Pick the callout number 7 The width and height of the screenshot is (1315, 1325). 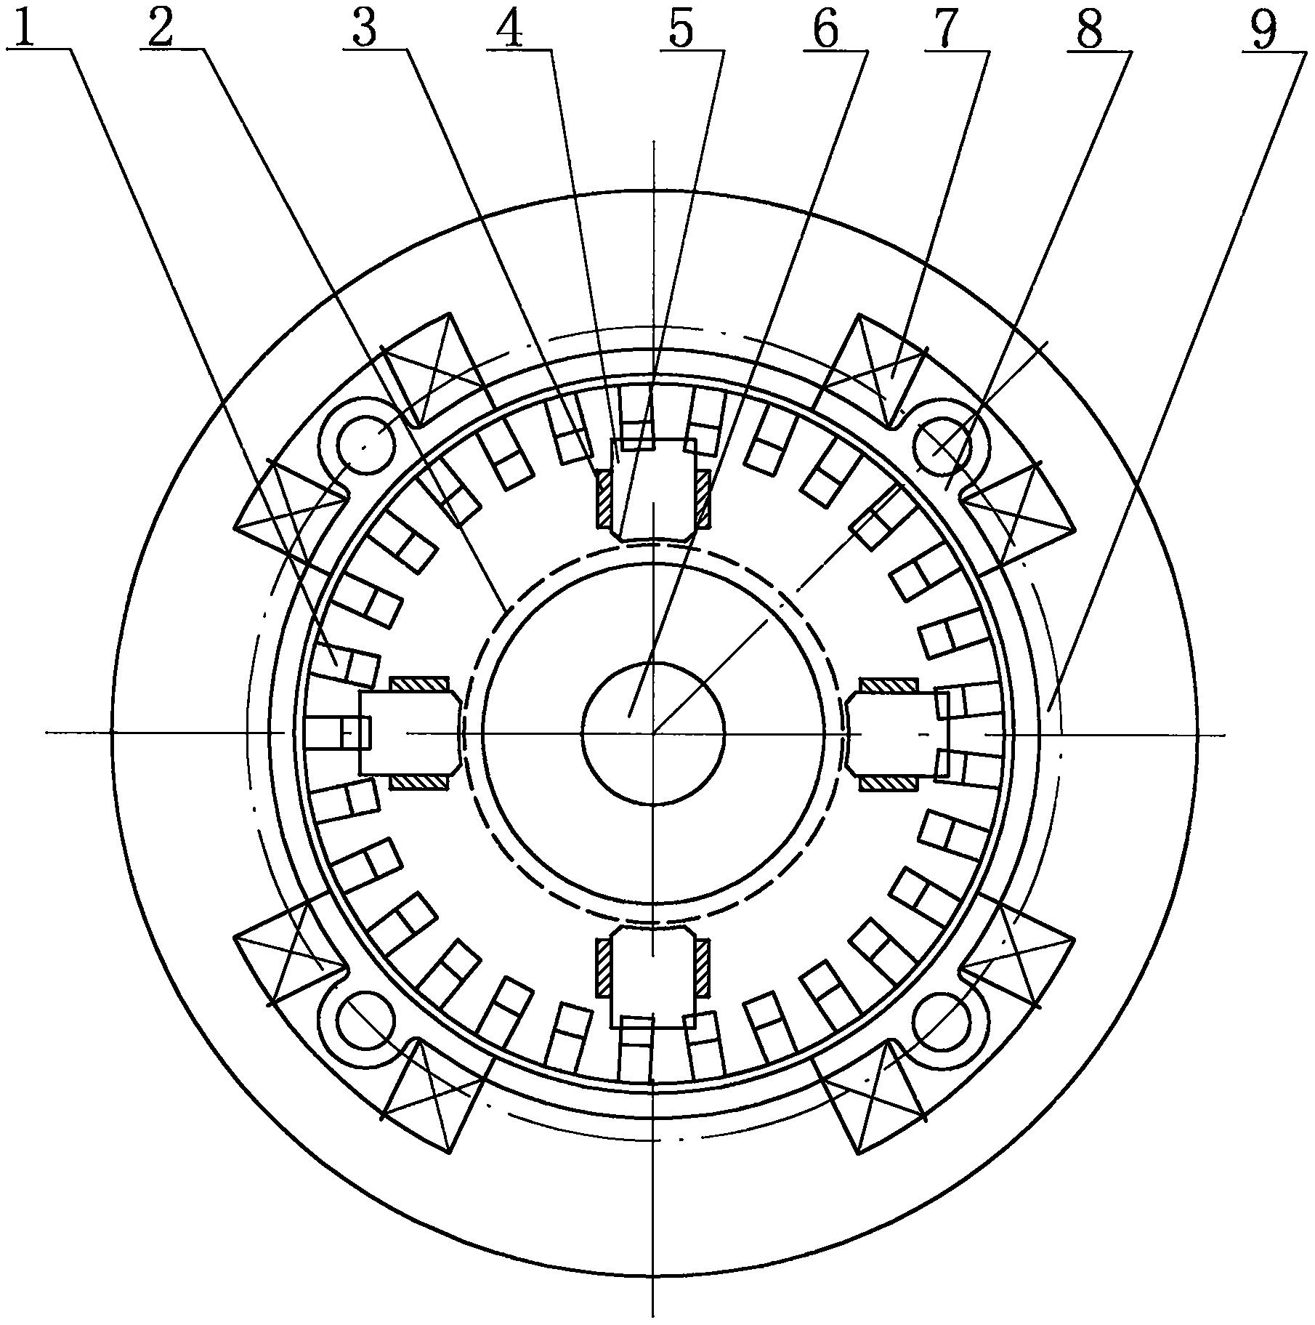(x=944, y=29)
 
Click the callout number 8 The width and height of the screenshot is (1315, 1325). (x=1089, y=29)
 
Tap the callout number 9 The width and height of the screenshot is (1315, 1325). (x=1265, y=29)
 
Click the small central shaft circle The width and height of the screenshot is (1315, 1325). (x=653, y=733)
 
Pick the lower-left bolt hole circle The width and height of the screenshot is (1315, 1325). (x=368, y=1023)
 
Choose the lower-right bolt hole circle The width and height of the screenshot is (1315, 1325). (x=941, y=1023)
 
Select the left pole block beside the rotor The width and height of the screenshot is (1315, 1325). (x=410, y=733)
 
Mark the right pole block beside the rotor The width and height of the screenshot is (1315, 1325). (x=898, y=733)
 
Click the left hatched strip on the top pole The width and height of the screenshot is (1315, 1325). (x=604, y=498)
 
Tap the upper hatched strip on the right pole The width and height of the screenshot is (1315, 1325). (x=891, y=684)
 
